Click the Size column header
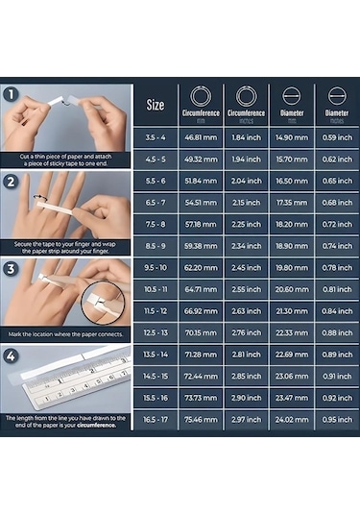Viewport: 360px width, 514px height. coord(156,104)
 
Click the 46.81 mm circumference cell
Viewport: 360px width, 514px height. coord(201,137)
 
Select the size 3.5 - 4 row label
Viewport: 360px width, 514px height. coord(156,137)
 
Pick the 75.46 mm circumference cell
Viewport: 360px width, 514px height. coord(201,419)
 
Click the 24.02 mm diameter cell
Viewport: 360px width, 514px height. coord(291,419)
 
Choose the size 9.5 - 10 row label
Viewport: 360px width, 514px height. coord(156,267)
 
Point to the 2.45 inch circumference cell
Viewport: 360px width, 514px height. coord(246,267)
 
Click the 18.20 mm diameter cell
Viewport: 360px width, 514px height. coord(291,224)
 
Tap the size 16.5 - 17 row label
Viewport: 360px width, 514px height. coord(156,419)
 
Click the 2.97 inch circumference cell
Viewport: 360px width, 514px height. coord(246,419)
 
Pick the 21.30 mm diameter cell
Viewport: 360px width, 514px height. coord(291,310)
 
